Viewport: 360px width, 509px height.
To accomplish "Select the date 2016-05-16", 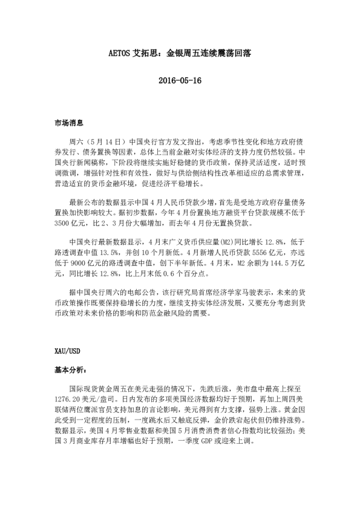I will (x=180, y=80).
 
